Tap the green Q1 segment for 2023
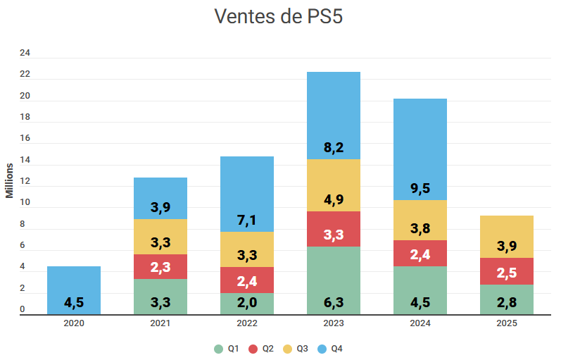click(334, 280)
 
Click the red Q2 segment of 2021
click(160, 266)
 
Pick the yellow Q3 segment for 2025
click(507, 237)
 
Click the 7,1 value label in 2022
click(247, 221)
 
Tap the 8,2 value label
click(334, 148)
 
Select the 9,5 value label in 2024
click(420, 188)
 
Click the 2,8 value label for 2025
click(507, 303)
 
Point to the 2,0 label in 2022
click(247, 303)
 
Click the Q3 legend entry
click(298, 349)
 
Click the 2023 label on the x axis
click(334, 323)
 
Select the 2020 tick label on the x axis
click(74, 323)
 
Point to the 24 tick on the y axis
click(25, 53)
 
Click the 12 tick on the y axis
click(25, 182)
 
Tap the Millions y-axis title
click(10, 180)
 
